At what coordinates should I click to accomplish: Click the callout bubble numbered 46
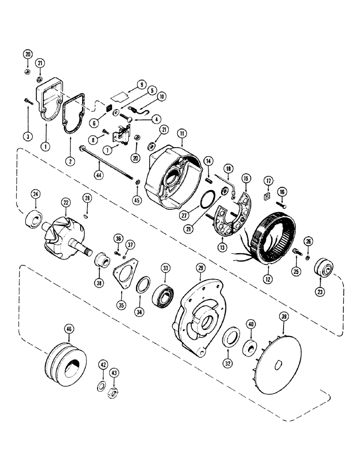69,329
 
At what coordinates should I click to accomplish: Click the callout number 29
201,268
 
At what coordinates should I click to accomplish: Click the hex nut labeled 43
112,391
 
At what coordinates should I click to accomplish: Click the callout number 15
245,178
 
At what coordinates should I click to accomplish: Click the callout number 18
228,168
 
